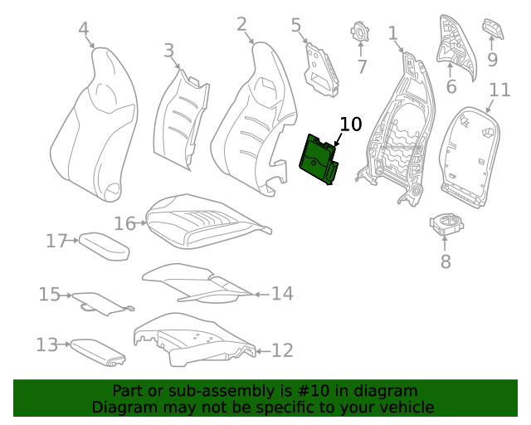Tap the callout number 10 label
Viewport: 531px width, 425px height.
350,125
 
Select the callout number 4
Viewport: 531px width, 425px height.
83,30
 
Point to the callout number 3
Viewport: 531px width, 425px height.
169,51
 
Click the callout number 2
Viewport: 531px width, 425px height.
241,24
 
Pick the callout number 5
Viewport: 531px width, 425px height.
296,26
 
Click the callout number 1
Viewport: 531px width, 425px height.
392,33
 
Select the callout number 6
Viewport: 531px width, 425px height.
451,86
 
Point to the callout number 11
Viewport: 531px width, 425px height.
499,90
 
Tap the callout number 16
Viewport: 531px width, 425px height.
124,223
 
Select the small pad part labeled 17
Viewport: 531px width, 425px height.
104,247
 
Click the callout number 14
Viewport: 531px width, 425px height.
282,293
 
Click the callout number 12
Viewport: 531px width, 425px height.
282,350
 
